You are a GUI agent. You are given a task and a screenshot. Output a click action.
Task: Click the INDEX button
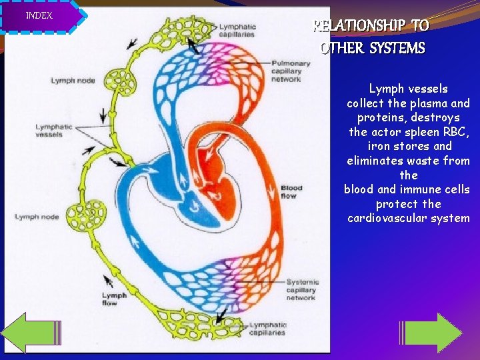tap(40, 16)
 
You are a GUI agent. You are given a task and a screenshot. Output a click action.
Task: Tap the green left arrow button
tap(29, 332)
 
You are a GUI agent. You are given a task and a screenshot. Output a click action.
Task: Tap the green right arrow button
tap(434, 332)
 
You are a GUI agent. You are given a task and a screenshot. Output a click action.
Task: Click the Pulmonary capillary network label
tap(291, 71)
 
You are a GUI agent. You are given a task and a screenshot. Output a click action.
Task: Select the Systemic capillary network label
tap(302, 290)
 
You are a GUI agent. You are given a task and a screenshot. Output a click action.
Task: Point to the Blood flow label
tap(291, 192)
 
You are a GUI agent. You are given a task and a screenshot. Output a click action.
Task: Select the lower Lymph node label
tap(37, 217)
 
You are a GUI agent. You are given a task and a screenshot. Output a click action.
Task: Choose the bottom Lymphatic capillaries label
tap(267, 329)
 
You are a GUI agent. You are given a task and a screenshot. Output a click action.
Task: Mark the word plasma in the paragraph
tap(429, 103)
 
